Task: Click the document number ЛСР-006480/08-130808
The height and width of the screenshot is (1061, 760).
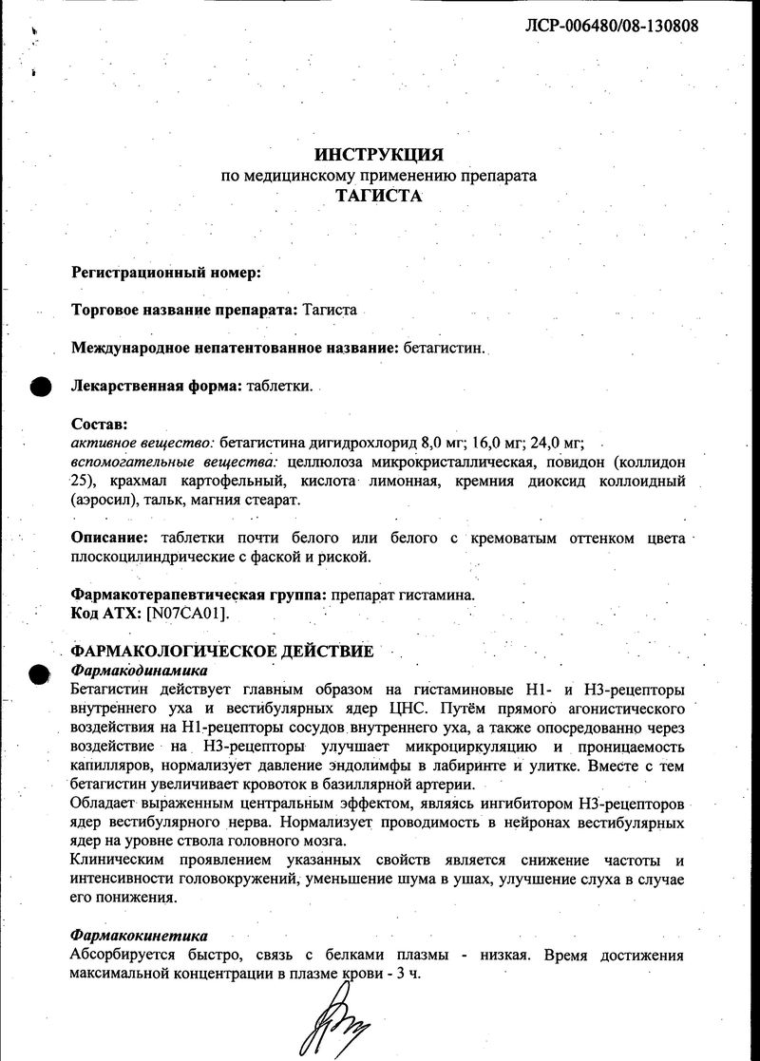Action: click(x=612, y=26)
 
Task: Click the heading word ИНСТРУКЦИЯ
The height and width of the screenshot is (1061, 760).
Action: click(x=378, y=155)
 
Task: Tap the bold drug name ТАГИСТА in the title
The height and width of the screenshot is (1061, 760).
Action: click(x=378, y=197)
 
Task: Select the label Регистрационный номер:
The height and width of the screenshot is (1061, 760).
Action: click(x=166, y=272)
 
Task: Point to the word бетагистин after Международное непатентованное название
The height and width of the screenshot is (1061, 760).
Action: click(x=442, y=348)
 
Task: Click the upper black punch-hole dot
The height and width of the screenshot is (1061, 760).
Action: click(x=41, y=387)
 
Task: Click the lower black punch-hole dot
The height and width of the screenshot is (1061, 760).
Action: click(x=40, y=673)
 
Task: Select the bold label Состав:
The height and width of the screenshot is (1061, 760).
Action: click(x=99, y=424)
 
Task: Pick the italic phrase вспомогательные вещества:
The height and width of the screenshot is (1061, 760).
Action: click(x=174, y=462)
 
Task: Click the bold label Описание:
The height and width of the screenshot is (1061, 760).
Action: click(x=112, y=538)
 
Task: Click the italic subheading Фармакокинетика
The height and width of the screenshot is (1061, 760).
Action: click(x=139, y=936)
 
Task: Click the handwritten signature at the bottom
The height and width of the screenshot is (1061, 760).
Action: click(x=338, y=1021)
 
